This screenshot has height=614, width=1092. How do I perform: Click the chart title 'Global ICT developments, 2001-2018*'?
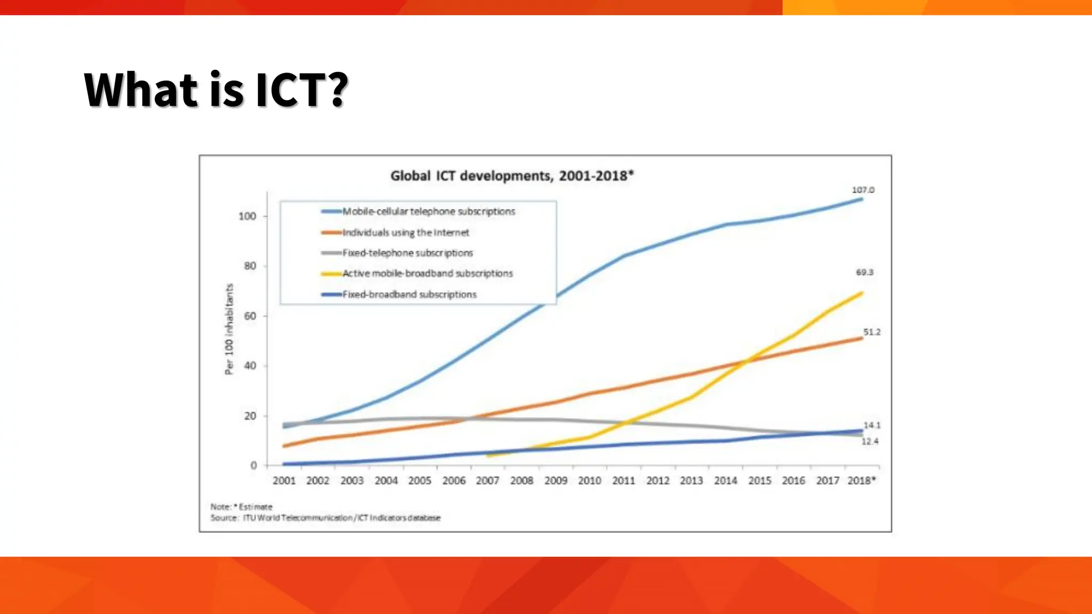[512, 176]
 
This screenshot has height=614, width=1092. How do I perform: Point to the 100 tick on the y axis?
[247, 216]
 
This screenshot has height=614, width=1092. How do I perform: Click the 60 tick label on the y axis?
[250, 316]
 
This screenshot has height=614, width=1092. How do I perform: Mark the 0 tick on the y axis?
[253, 465]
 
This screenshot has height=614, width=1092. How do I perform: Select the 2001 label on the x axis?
[284, 481]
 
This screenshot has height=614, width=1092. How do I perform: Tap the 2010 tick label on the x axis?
[589, 481]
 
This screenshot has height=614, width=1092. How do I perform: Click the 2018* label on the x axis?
[861, 481]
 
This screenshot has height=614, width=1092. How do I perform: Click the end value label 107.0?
[863, 190]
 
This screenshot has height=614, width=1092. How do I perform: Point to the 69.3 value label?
[864, 272]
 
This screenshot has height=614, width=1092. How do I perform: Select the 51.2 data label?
[872, 332]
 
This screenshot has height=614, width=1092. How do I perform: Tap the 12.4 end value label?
[870, 441]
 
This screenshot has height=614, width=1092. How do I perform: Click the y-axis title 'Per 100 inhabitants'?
[229, 329]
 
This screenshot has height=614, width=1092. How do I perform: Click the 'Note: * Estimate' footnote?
[241, 506]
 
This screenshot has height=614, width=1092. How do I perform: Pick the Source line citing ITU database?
[325, 518]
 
